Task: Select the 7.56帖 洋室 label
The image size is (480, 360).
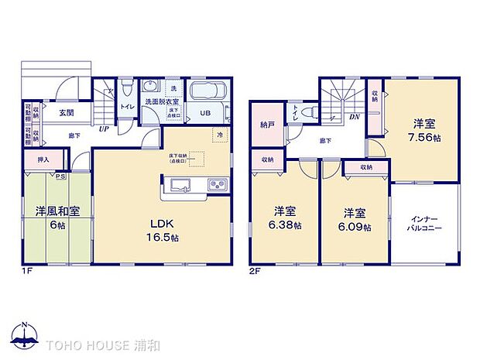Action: click(426, 130)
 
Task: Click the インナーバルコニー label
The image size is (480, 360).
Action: click(425, 225)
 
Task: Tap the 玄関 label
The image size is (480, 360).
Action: click(66, 112)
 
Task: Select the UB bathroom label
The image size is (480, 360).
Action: click(205, 114)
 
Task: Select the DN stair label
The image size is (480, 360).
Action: click(354, 117)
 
